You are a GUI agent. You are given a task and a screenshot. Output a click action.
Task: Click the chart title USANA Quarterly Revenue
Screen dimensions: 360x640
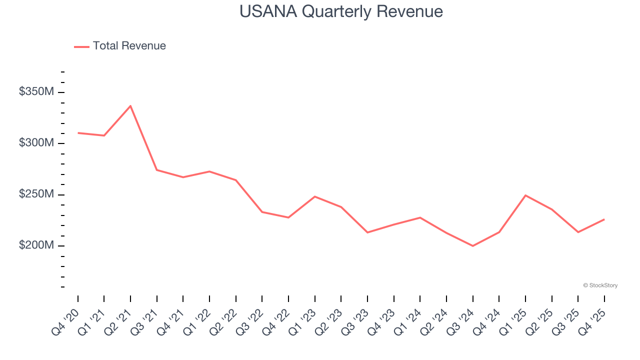pyautogui.click(x=341, y=11)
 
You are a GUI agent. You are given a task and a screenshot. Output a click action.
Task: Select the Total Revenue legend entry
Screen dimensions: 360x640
pyautogui.click(x=120, y=46)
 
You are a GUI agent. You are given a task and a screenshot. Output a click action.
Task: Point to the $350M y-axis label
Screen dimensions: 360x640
pyautogui.click(x=36, y=92)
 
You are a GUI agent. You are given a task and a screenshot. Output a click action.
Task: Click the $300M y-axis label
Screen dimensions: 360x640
pyautogui.click(x=36, y=143)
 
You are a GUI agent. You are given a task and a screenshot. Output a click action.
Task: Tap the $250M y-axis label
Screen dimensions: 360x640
pyautogui.click(x=36, y=194)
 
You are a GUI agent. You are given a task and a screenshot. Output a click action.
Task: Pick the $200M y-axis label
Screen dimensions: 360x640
pyautogui.click(x=36, y=245)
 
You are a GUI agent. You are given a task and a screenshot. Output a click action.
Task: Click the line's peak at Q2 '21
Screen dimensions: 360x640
pyautogui.click(x=130, y=106)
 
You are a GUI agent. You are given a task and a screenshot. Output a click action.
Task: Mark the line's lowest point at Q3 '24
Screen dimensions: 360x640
pyautogui.click(x=472, y=246)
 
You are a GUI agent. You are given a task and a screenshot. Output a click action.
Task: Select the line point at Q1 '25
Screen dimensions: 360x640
pyautogui.click(x=525, y=195)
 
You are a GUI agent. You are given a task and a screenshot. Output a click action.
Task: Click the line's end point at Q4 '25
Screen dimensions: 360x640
pyautogui.click(x=604, y=219)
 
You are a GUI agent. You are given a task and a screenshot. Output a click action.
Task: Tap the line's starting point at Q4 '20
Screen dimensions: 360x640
pyautogui.click(x=78, y=133)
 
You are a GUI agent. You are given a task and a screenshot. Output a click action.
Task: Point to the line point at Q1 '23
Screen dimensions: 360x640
pyautogui.click(x=315, y=196)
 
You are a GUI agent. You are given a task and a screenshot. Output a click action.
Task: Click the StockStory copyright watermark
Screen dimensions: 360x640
pyautogui.click(x=600, y=285)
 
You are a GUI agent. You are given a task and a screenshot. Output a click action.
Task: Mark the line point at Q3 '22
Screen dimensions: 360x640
pyautogui.click(x=262, y=212)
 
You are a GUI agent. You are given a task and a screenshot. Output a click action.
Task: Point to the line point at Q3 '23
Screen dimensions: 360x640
pyautogui.click(x=367, y=232)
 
